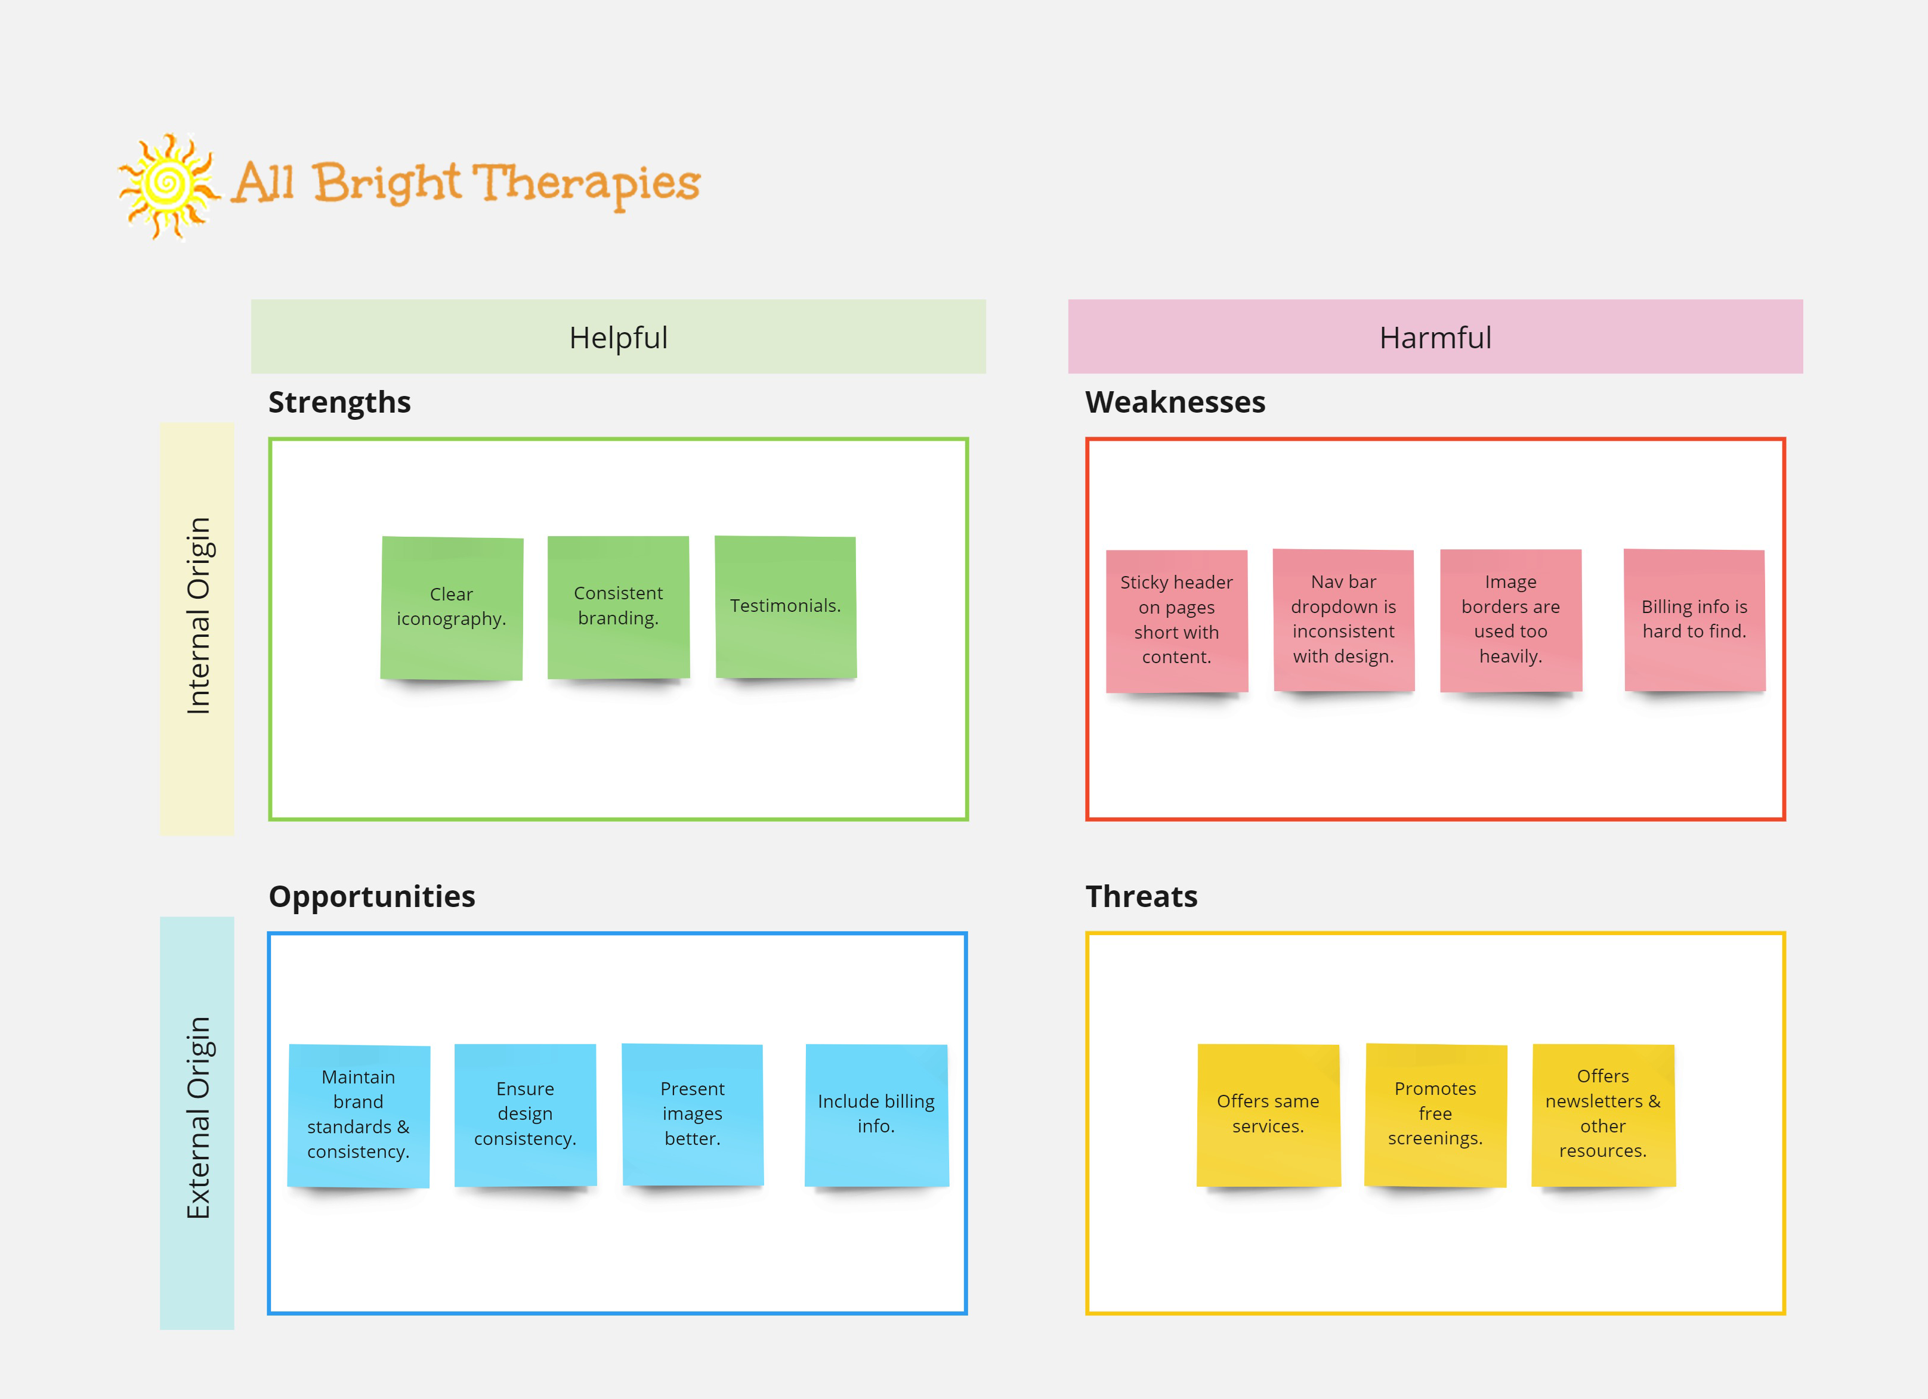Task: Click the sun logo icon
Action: click(168, 186)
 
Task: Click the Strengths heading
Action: click(339, 402)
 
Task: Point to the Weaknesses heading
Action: click(1175, 402)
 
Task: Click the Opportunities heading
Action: click(372, 897)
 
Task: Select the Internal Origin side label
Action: click(197, 629)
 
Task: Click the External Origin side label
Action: click(197, 1123)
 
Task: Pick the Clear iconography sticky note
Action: click(452, 608)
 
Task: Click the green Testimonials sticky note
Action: click(786, 607)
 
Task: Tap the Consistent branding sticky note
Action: click(618, 607)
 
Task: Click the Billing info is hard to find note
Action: click(1694, 620)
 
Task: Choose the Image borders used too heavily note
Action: click(1510, 620)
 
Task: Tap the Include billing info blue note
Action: click(876, 1115)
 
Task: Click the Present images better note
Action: click(693, 1115)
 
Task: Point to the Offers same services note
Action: click(1268, 1115)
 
